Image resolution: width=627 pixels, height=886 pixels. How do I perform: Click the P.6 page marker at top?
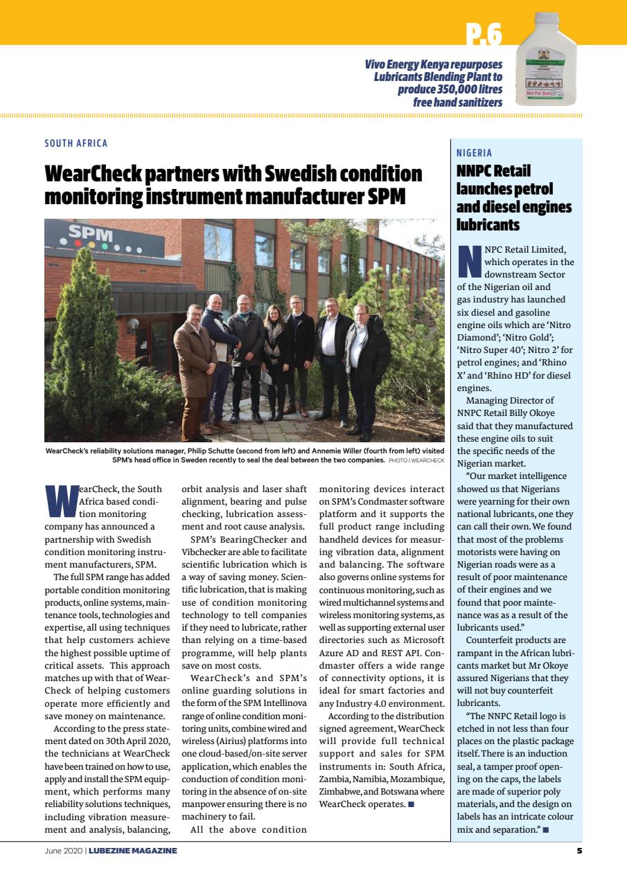pyautogui.click(x=484, y=33)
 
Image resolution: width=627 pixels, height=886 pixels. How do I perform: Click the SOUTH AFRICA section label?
pyautogui.click(x=76, y=143)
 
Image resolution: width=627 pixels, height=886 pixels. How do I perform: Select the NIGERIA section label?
pyautogui.click(x=475, y=153)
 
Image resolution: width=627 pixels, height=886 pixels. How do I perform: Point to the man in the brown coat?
pyautogui.click(x=194, y=367)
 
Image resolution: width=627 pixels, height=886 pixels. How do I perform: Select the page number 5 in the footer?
pyautogui.click(x=579, y=851)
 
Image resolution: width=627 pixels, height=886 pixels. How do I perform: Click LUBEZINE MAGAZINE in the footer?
pyautogui.click(x=133, y=851)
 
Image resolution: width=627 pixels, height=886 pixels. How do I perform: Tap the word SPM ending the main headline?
pyautogui.click(x=387, y=196)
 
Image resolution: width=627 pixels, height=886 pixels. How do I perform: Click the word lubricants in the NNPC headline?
pyautogui.click(x=487, y=224)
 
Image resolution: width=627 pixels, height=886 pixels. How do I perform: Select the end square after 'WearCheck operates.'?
pyautogui.click(x=412, y=804)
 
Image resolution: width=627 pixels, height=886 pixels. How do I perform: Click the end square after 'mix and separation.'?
pyautogui.click(x=546, y=829)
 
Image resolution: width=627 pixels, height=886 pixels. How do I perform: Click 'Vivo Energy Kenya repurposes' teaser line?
pyautogui.click(x=434, y=64)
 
